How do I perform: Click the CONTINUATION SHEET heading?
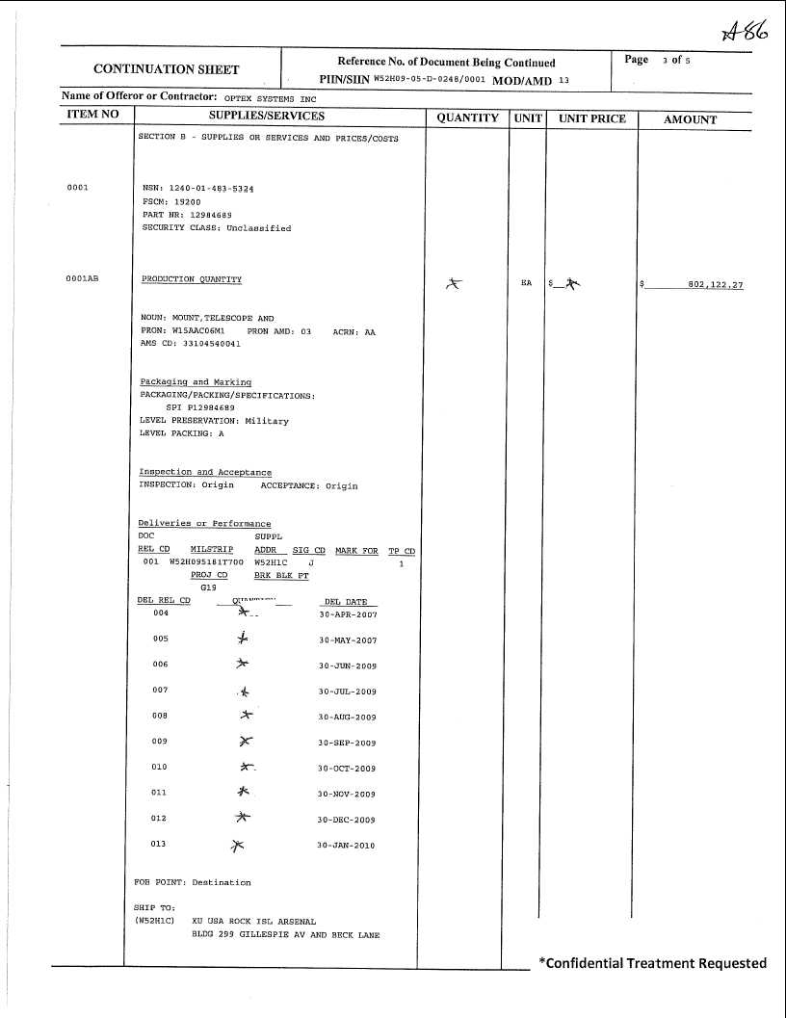[167, 69]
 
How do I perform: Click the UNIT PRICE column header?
[592, 118]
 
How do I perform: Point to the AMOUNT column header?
[691, 119]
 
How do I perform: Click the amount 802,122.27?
[716, 285]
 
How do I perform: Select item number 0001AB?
[82, 279]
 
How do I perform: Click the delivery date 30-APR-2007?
[348, 614]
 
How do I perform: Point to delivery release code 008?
[160, 716]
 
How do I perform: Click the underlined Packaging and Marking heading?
[196, 382]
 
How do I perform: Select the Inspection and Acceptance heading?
[205, 472]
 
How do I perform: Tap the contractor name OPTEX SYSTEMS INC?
[270, 98]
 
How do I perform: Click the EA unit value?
[526, 283]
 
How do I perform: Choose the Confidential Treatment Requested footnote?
[652, 963]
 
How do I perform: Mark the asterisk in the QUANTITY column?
[456, 283]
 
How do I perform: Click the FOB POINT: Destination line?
[192, 882]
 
